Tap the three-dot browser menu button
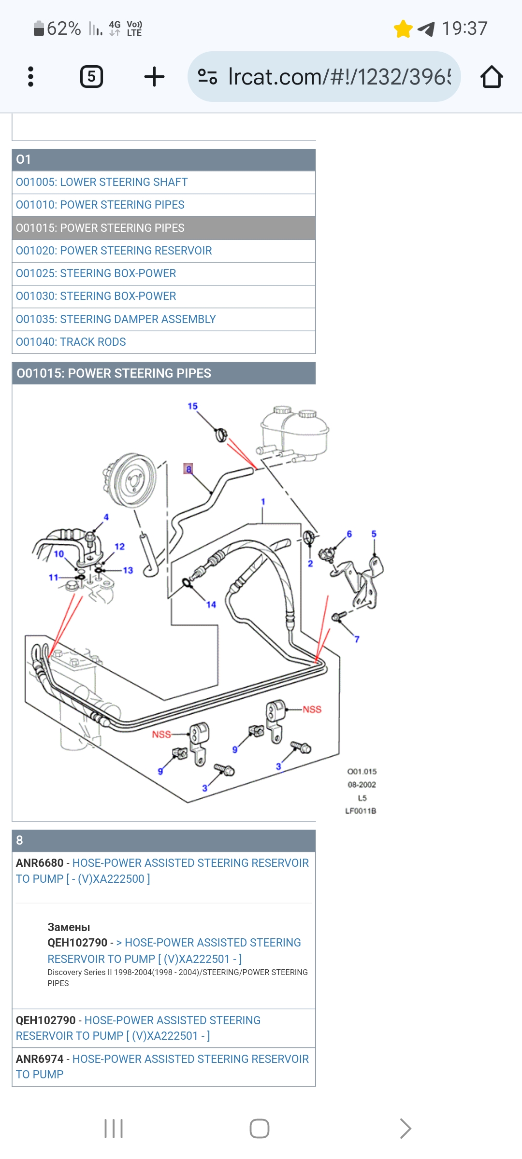31,77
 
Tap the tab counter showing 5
91,77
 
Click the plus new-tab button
154,77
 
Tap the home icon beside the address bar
492,77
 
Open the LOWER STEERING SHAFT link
101,182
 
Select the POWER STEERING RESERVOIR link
114,251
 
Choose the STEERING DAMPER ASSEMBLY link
116,319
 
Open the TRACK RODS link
71,342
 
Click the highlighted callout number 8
188,469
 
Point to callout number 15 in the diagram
192,406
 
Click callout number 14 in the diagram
211,605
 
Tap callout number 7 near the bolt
357,639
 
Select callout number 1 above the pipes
263,502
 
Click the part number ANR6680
40,863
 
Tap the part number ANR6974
40,1059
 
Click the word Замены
69,927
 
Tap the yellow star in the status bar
403,29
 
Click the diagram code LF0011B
361,811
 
